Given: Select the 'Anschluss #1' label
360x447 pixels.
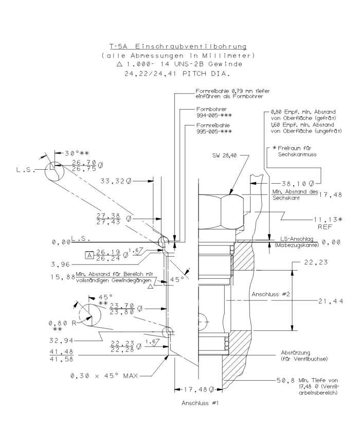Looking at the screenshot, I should [200, 403].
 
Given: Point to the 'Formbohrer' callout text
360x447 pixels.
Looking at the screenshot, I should [210, 110].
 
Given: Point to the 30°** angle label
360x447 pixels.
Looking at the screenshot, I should [76, 154].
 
